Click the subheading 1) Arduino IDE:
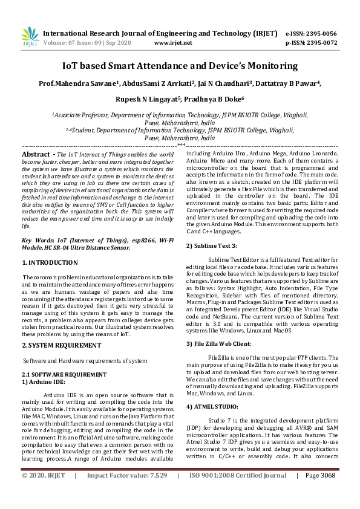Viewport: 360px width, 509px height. point(44,382)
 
